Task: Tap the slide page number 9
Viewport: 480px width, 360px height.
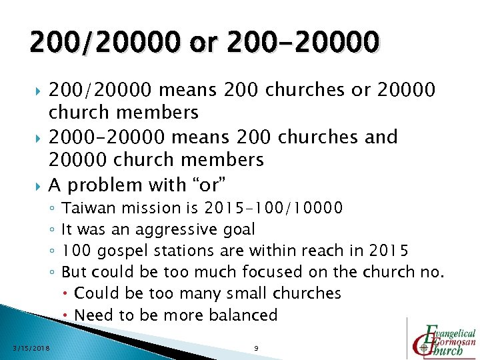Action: pos(256,347)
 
